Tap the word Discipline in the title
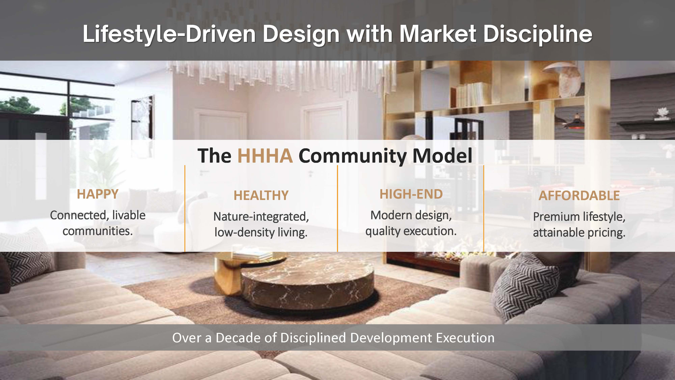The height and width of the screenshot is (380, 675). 537,34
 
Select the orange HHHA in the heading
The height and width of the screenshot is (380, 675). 265,156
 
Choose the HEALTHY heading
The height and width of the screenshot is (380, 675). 261,196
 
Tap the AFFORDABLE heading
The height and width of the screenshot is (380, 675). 579,196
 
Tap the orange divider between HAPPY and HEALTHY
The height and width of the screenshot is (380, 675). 185,208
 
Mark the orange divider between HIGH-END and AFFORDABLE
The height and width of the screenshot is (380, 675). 484,208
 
